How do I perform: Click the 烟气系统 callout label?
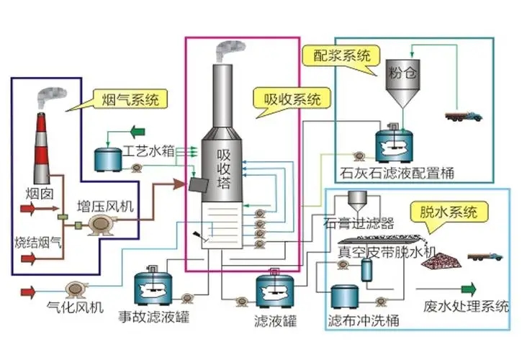click(130, 99)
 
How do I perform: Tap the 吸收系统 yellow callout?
click(292, 98)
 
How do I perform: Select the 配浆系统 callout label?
click(341, 55)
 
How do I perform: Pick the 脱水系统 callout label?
click(449, 212)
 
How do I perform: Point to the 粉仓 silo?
click(402, 83)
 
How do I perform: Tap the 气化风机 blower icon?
click(77, 289)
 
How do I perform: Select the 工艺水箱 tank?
click(107, 159)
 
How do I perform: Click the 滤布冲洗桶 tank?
click(345, 297)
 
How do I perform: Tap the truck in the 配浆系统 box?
click(464, 117)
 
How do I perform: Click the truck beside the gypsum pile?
click(485, 256)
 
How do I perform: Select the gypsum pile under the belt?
click(441, 258)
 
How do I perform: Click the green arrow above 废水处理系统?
click(469, 289)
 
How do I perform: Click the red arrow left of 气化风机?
click(28, 292)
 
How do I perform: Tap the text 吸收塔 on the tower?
click(224, 168)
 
